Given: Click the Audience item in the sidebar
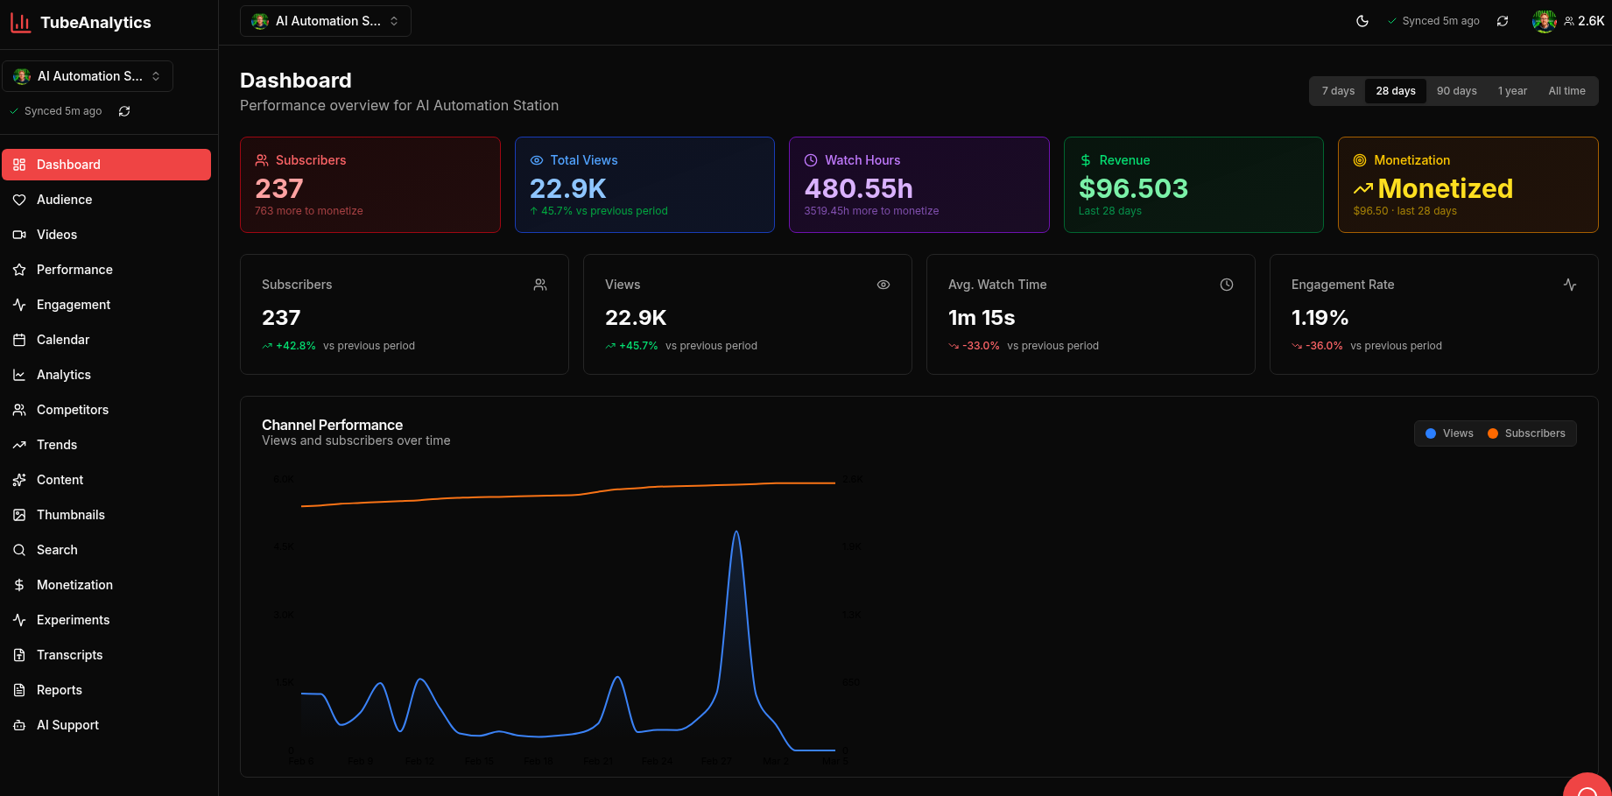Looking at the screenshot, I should (64, 200).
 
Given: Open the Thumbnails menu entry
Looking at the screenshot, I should (70, 515).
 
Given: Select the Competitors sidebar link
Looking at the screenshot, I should (72, 410).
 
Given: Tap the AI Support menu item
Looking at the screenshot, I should (67, 725).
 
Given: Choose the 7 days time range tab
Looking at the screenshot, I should (1338, 91).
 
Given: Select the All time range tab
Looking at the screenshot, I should (1566, 91).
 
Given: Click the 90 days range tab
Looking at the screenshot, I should (1456, 91).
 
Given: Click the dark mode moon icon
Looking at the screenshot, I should (1362, 21).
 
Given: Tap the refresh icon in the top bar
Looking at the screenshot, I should (1503, 21).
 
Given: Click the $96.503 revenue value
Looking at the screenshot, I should (1133, 188).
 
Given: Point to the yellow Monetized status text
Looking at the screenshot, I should (1445, 188).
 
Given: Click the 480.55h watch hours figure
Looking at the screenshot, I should (858, 188).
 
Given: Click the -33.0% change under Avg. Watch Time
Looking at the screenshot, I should (981, 346).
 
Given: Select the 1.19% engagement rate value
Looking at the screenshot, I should (1320, 318).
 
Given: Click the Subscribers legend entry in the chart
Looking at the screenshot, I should (1527, 433).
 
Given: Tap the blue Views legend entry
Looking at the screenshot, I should (1450, 433).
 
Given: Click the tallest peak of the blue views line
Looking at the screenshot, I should (736, 532).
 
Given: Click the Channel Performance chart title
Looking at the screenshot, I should (332, 425).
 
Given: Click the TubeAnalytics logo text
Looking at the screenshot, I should (95, 23).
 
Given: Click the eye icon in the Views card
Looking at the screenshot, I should (883, 285).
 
